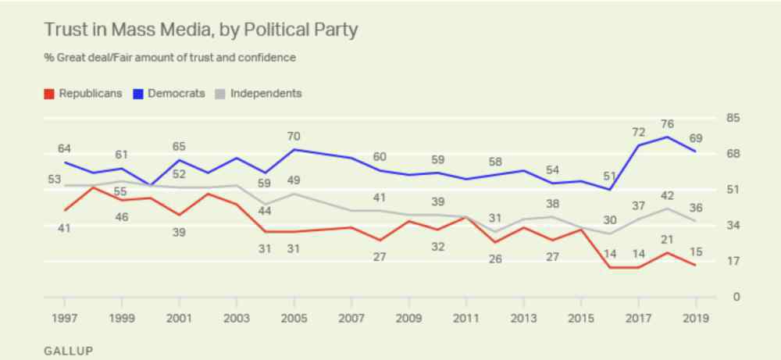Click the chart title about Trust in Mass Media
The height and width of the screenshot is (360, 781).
point(201,30)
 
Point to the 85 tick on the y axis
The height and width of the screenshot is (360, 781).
point(733,119)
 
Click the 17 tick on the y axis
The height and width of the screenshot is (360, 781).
point(733,262)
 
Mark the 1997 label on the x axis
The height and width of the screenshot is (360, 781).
point(64,318)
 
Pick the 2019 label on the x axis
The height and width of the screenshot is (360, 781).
point(695,318)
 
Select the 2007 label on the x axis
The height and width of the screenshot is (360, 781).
point(351,318)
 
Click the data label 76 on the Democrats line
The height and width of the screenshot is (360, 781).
point(667,123)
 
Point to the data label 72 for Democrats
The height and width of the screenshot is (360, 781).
point(638,131)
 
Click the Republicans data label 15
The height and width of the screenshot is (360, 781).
point(695,251)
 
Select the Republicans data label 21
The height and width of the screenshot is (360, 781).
point(667,239)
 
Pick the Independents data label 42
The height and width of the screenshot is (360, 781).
point(667,195)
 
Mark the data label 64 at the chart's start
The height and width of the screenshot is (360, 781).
point(64,148)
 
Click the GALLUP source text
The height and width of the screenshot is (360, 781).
point(68,351)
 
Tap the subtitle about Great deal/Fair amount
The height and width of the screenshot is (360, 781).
point(170,58)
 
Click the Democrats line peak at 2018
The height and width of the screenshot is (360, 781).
point(667,137)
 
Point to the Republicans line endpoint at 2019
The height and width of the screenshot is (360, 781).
point(695,266)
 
